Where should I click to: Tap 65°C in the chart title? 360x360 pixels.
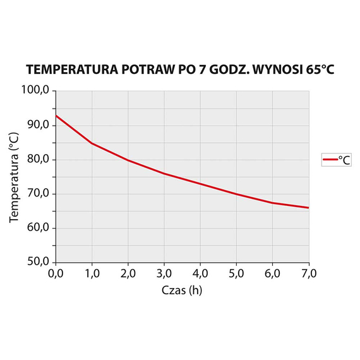coord(316,69)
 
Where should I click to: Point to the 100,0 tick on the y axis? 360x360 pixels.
coord(36,90)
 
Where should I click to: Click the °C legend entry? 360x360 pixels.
coord(337,160)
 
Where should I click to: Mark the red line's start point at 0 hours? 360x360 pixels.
coord(56,116)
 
